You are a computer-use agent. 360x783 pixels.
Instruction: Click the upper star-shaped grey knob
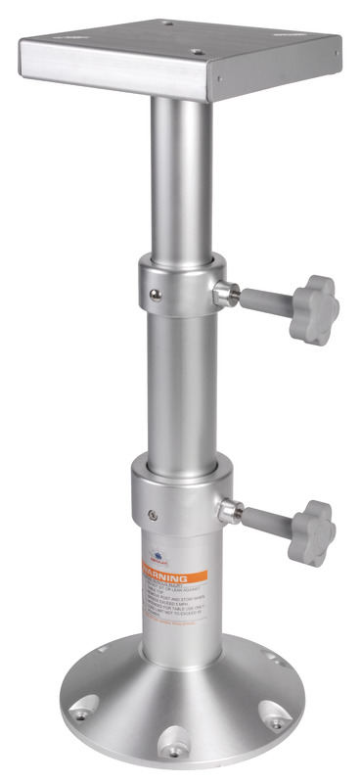tap(313, 307)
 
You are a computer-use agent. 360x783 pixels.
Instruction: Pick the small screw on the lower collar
tap(152, 511)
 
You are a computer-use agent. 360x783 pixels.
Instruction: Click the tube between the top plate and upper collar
tap(181, 176)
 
